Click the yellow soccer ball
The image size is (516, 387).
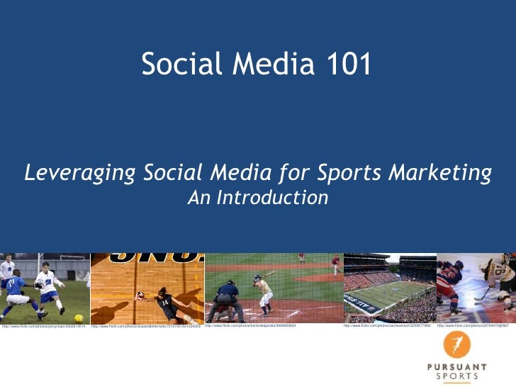79,318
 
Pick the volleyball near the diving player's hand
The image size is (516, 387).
140,296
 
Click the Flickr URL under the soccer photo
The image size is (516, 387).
43,326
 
